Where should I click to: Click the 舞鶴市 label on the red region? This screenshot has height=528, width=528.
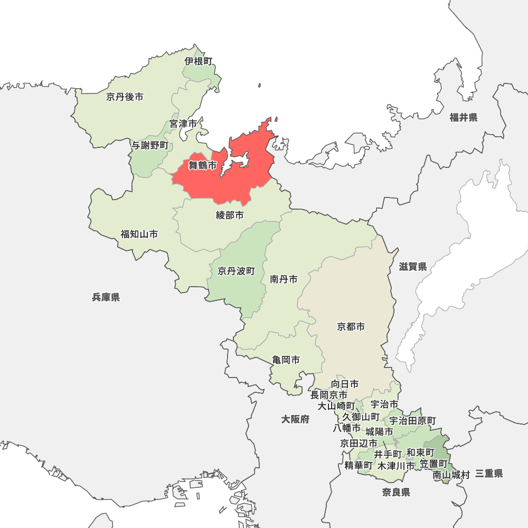(x=203, y=166)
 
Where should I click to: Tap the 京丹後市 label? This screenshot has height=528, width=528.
(x=125, y=97)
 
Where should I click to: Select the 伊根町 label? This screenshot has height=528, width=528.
(x=199, y=61)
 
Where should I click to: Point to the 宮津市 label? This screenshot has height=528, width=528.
(x=183, y=124)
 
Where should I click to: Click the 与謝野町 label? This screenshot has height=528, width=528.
(x=150, y=145)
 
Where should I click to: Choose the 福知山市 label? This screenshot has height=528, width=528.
(x=139, y=234)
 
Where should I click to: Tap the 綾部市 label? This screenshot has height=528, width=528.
(x=230, y=215)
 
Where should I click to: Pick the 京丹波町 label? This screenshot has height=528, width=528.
(x=237, y=271)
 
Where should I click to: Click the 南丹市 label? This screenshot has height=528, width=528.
(x=284, y=279)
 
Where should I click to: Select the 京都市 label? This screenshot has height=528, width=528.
(x=351, y=327)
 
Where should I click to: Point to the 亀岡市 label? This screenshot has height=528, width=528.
(x=286, y=360)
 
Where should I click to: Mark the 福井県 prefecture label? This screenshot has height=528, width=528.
(x=464, y=118)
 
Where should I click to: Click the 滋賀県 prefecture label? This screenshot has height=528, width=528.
(x=413, y=267)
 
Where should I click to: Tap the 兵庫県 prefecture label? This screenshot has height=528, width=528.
(x=106, y=297)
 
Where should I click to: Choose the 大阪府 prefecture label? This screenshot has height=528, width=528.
(x=295, y=419)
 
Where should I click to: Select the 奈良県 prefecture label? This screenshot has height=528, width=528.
(x=397, y=493)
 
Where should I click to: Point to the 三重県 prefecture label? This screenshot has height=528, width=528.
(x=489, y=474)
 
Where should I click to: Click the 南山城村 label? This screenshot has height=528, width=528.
(x=451, y=475)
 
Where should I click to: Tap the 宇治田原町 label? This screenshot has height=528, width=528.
(x=413, y=421)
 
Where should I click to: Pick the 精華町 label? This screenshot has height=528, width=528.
(x=359, y=466)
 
